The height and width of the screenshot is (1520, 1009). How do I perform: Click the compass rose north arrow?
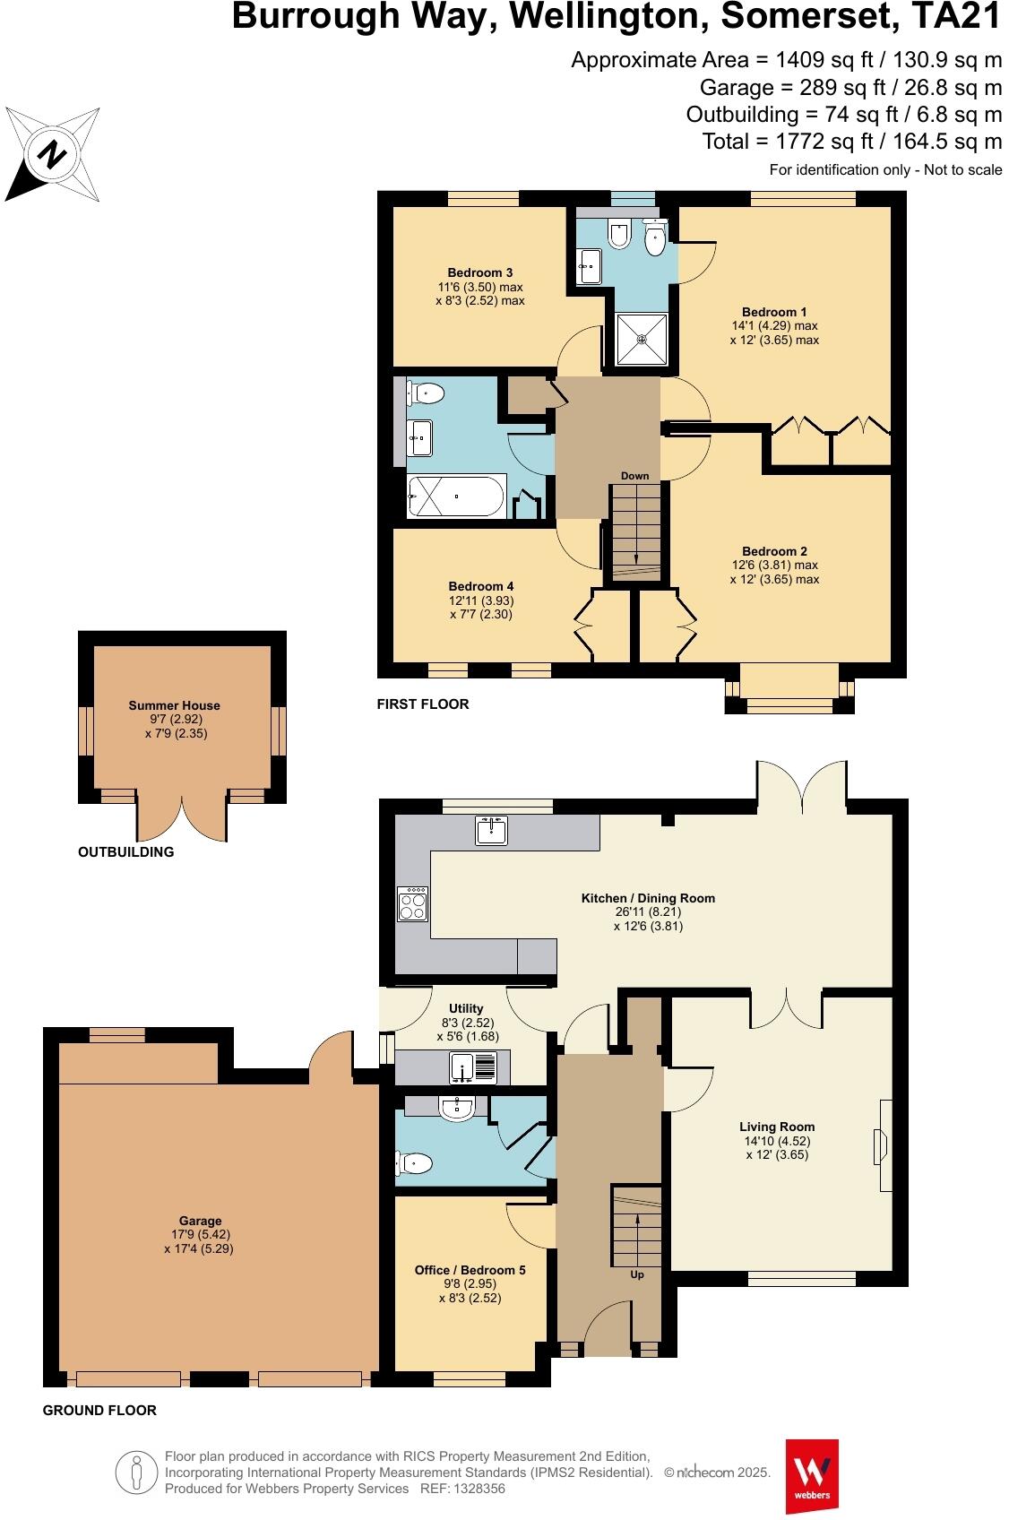point(52,153)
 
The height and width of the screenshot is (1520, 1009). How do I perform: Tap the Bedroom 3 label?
point(480,272)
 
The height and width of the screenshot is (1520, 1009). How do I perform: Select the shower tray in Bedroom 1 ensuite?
point(642,339)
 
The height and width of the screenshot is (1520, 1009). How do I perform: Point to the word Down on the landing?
point(634,476)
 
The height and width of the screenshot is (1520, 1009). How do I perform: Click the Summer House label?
point(174,705)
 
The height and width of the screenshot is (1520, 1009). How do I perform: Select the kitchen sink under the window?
point(491,831)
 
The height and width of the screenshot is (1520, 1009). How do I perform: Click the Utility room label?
point(465,1008)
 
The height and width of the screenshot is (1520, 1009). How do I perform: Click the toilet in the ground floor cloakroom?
point(414,1163)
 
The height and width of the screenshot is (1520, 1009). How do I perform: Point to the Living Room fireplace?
point(882,1145)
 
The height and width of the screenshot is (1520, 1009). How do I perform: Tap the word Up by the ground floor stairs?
point(637,1274)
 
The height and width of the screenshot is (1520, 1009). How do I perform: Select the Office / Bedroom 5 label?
point(470,1270)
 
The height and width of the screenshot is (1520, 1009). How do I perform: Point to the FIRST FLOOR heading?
point(422,704)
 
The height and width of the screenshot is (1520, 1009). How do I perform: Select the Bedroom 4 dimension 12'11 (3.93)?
point(481,600)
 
